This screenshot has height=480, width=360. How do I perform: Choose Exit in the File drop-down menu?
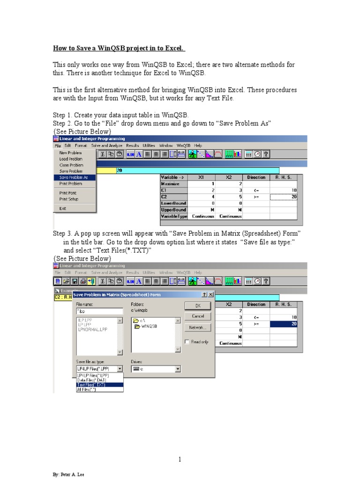click(x=63, y=209)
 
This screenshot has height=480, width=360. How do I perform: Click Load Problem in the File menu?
click(x=71, y=159)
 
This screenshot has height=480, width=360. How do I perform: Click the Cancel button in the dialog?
click(x=197, y=316)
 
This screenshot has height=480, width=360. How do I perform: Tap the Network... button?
click(x=197, y=328)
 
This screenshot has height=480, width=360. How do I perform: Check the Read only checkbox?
click(x=187, y=342)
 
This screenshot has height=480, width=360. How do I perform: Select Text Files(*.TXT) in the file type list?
click(x=91, y=384)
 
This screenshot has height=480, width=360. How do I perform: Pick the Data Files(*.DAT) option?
click(x=91, y=380)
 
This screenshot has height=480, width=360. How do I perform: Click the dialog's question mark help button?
click(x=204, y=294)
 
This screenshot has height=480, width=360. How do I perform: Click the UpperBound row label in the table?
click(x=173, y=210)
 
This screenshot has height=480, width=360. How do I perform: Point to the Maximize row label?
click(x=171, y=184)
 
